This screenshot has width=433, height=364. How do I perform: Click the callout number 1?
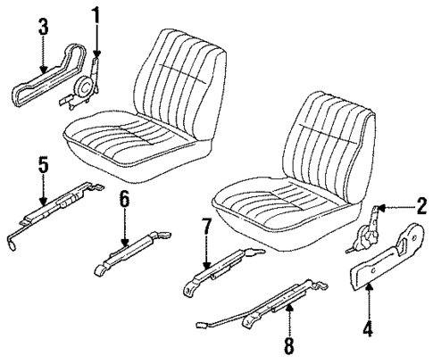coord(96,13)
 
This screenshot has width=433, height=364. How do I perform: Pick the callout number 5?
coord(41,165)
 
